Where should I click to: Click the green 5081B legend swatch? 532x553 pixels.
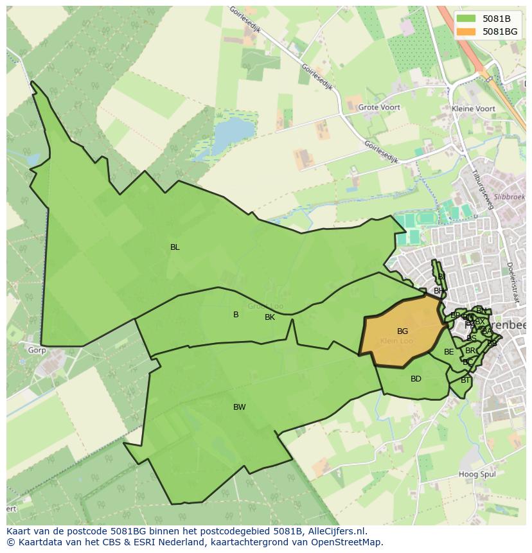467,19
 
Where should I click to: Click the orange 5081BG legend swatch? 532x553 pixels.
467,31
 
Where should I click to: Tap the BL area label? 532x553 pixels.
175,247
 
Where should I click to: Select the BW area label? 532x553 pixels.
239,407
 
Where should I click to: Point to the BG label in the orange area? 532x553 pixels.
402,331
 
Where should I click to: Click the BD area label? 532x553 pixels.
416,379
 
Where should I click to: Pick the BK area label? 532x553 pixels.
270,317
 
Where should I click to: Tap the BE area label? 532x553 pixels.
448,352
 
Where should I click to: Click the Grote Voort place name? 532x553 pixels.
379,108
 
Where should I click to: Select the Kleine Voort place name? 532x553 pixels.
474,109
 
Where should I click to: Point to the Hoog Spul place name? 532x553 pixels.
476,475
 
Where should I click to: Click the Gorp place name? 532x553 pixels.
37,351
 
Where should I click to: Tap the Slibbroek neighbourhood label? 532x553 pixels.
510,197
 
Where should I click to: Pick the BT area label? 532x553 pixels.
465,380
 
